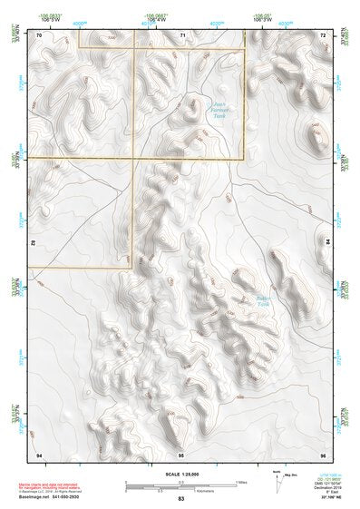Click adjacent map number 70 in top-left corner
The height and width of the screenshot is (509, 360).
39,34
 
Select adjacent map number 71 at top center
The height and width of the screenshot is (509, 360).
182,34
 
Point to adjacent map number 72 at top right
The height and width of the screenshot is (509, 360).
323,34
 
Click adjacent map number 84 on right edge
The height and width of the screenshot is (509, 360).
327,243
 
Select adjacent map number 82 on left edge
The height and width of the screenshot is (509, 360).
34,243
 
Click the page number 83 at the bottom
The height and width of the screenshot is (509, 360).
181,499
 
